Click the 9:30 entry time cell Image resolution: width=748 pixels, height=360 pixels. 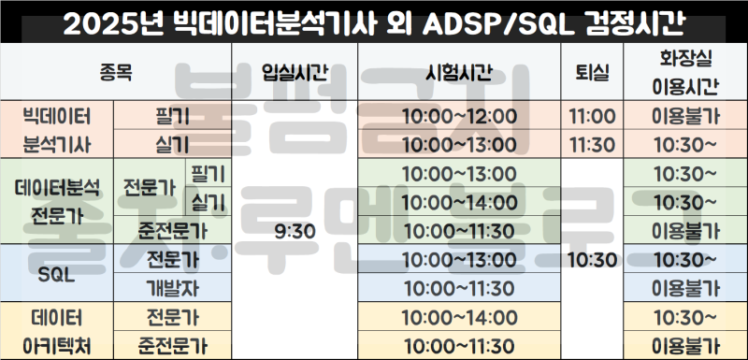tap(295, 229)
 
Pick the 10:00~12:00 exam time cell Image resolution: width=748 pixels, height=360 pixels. tap(458, 117)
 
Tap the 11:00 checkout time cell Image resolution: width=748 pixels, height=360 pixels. tap(591, 117)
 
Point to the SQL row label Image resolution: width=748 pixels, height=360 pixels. tap(56, 272)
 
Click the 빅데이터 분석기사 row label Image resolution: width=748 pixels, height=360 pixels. tap(56, 131)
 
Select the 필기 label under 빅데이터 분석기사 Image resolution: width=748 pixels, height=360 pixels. tap(172, 117)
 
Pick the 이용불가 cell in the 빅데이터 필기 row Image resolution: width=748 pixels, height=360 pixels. tap(685, 117)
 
